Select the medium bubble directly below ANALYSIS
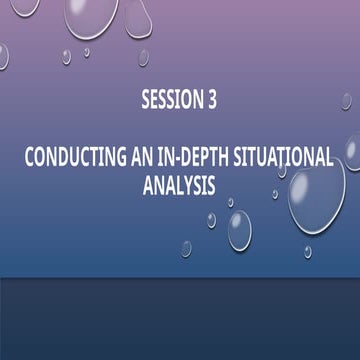[x=239, y=230]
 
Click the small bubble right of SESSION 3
[x=346, y=101]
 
